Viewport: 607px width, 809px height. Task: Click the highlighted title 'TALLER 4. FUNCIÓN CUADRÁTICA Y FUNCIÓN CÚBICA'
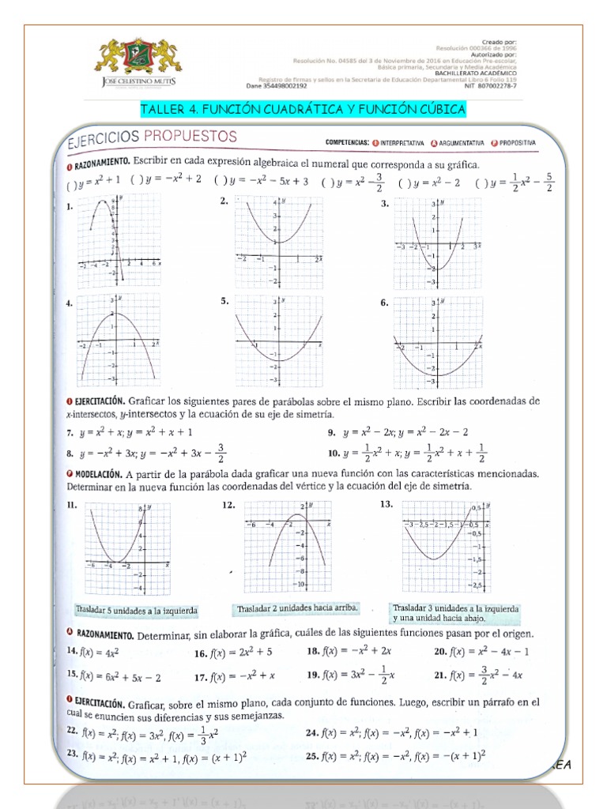(303, 108)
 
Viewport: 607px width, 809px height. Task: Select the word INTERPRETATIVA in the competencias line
(398, 143)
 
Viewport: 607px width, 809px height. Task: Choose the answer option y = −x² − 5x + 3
(266, 181)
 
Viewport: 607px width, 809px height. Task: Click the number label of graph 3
(385, 204)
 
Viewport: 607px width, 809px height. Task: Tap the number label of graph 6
(384, 303)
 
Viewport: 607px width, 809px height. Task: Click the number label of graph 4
(70, 303)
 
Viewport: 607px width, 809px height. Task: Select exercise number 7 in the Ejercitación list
(70, 432)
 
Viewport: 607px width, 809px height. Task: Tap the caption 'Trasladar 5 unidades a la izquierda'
(135, 610)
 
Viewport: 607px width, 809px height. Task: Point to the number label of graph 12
(228, 504)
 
